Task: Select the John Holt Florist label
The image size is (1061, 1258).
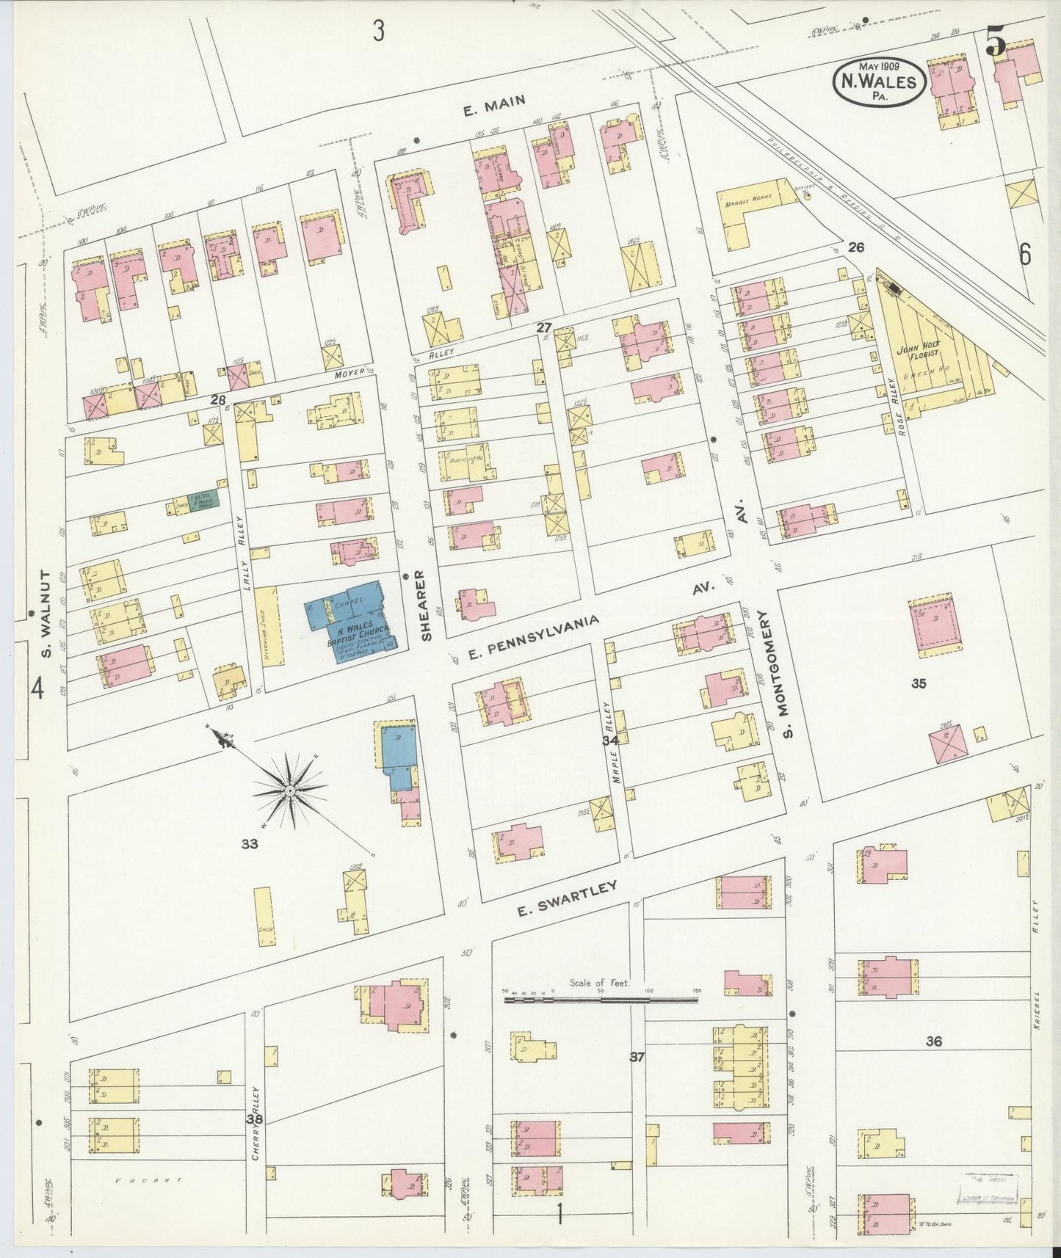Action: [913, 357]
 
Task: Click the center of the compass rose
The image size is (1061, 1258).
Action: [290, 790]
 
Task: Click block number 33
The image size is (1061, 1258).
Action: [250, 844]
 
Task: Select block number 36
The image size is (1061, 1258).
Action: [933, 1041]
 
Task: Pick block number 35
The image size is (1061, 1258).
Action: [918, 683]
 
